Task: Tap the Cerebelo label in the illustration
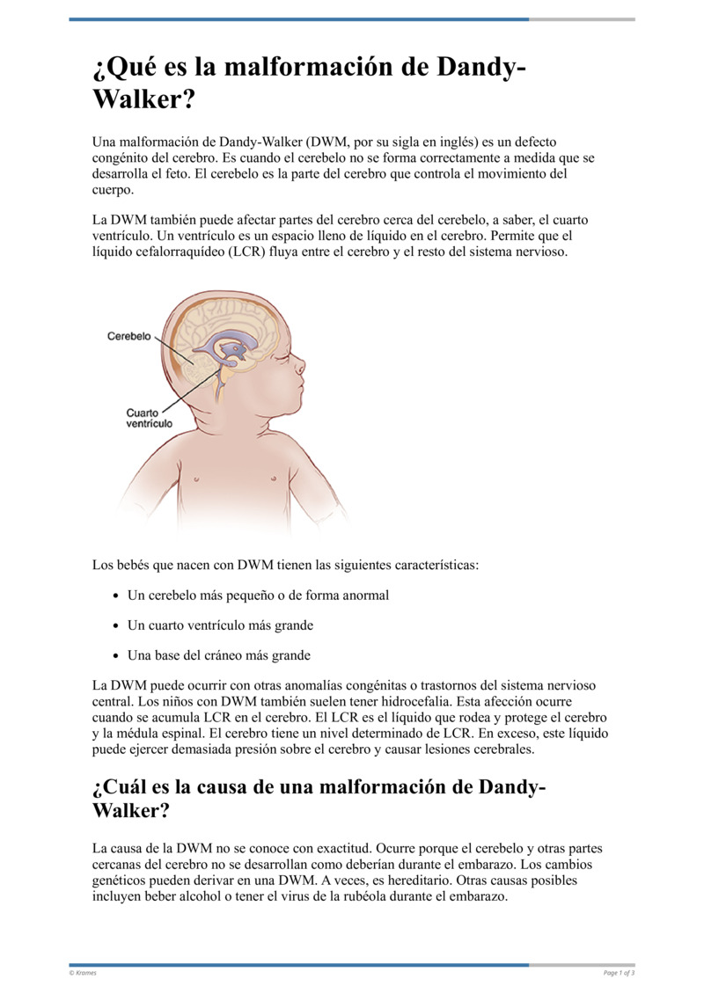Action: pyautogui.click(x=129, y=336)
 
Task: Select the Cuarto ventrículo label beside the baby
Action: pyautogui.click(x=150, y=417)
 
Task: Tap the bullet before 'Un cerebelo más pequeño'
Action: pyautogui.click(x=116, y=596)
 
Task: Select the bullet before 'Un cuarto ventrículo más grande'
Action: pyautogui.click(x=116, y=626)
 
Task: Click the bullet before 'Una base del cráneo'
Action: pyautogui.click(x=116, y=656)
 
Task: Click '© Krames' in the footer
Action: pyautogui.click(x=84, y=972)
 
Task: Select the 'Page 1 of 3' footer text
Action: pyautogui.click(x=619, y=972)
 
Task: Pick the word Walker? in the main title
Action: pyautogui.click(x=143, y=99)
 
